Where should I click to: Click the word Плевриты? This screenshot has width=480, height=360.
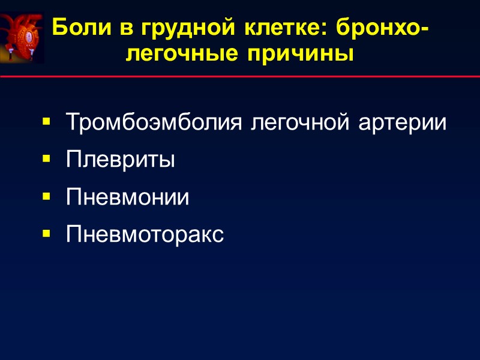(120, 160)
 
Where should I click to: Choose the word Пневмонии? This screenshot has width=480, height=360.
(127, 197)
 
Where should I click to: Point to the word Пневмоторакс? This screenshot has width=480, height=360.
(145, 234)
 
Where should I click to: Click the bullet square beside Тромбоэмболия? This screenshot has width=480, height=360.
(46, 124)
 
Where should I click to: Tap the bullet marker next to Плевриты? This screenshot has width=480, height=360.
(46, 160)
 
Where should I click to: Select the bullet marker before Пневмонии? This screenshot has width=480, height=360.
(46, 197)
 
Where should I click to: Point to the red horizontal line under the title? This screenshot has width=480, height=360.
(240, 77)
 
